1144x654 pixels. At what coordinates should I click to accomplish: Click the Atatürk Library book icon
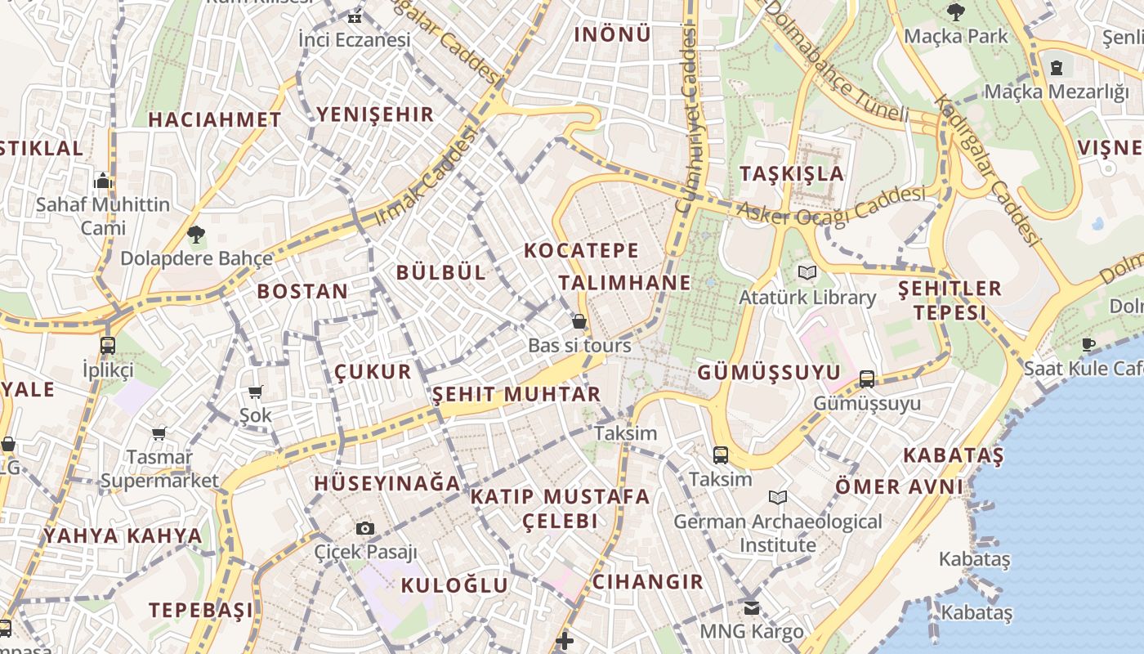pyautogui.click(x=807, y=272)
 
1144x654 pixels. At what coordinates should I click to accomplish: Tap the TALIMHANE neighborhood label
pyautogui.click(x=624, y=283)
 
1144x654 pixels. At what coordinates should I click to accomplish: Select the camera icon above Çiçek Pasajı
pyautogui.click(x=365, y=529)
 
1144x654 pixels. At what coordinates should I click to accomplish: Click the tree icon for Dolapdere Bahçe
pyautogui.click(x=196, y=235)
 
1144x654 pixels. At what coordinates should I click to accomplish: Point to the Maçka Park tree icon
pyautogui.click(x=955, y=12)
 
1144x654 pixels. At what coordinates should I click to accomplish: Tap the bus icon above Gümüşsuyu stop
pyautogui.click(x=867, y=379)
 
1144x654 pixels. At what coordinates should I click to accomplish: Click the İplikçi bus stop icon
pyautogui.click(x=108, y=346)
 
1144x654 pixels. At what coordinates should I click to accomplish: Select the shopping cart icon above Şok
pyautogui.click(x=256, y=392)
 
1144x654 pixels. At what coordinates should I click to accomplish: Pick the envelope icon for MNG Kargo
pyautogui.click(x=752, y=608)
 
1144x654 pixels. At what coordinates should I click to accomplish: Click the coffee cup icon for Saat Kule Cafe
pyautogui.click(x=1088, y=344)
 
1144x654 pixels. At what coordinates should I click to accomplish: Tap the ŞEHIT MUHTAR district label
pyautogui.click(x=516, y=395)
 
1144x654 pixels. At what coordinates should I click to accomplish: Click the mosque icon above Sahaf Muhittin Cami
pyautogui.click(x=103, y=180)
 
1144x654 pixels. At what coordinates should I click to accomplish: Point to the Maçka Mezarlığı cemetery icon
pyautogui.click(x=1057, y=67)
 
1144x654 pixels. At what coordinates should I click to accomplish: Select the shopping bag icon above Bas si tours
pyautogui.click(x=579, y=321)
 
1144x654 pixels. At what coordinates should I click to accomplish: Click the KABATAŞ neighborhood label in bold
pyautogui.click(x=953, y=455)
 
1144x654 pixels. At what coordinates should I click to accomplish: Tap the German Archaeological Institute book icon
pyautogui.click(x=778, y=497)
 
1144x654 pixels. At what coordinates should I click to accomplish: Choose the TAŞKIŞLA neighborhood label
pyautogui.click(x=791, y=173)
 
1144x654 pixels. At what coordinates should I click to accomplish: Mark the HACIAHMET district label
pyautogui.click(x=215, y=119)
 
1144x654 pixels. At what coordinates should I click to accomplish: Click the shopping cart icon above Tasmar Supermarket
pyautogui.click(x=159, y=433)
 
